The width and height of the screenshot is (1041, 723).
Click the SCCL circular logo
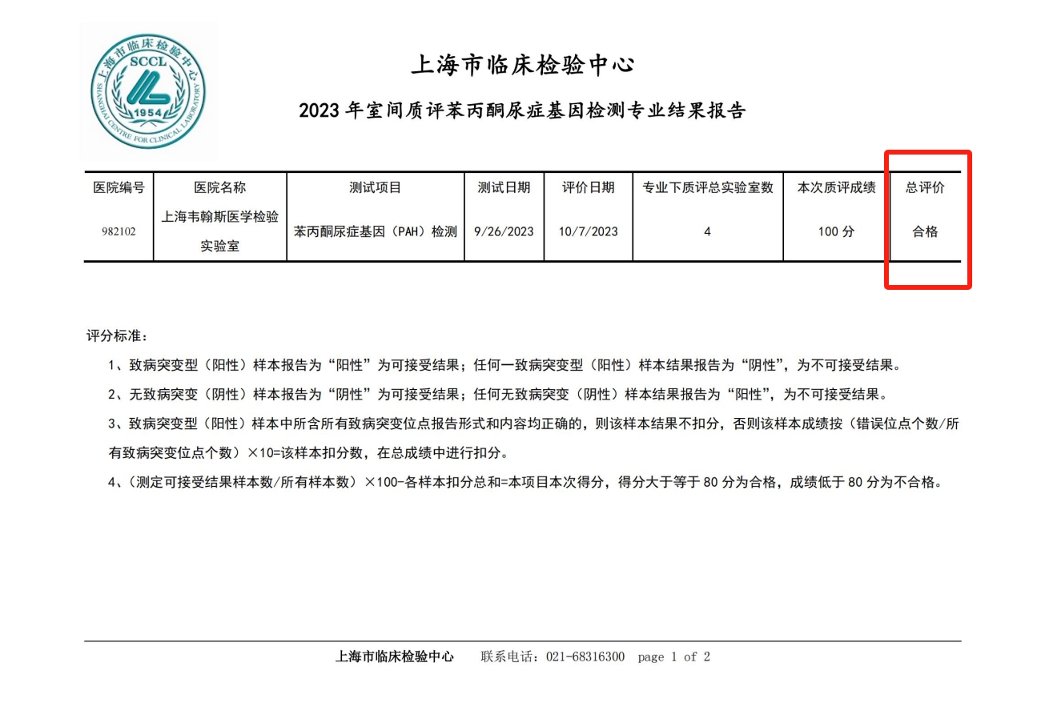pos(147,90)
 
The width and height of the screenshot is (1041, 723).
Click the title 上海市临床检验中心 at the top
pos(522,65)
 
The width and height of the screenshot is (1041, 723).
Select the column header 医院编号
pos(119,188)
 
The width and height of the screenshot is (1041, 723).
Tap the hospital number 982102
pos(119,232)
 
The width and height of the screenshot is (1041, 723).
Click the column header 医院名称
pos(220,188)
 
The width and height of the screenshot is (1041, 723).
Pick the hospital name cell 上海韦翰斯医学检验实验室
pos(220,231)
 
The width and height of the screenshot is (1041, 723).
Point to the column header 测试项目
pos(376,188)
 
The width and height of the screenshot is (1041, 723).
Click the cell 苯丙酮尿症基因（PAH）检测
pos(376,232)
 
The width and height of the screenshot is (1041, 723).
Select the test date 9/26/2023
pos(504,232)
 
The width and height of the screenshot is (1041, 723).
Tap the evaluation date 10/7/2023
pos(589,232)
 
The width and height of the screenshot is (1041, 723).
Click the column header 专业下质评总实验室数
pos(708,188)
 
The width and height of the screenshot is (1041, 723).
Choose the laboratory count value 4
pos(708,232)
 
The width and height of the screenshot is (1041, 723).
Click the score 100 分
pos(837,232)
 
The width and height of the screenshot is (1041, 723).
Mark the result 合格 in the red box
pos(926,232)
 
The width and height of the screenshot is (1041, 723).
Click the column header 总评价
pos(926,188)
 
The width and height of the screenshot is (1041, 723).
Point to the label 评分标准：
pos(117,335)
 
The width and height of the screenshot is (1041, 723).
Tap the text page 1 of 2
pos(673,657)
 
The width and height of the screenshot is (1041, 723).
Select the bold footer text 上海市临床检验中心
pos(394,657)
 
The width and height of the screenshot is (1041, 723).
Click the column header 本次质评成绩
pos(837,188)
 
